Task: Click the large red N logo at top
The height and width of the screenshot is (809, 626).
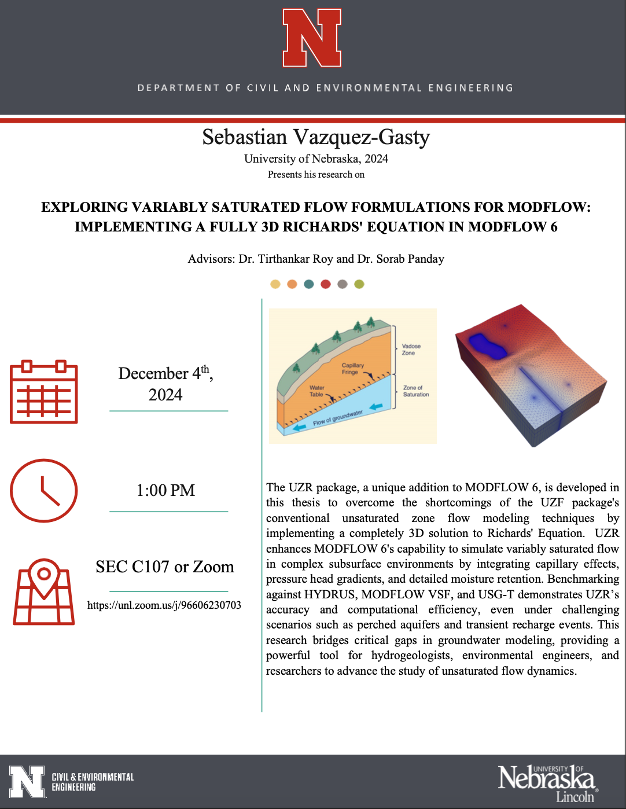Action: tap(312, 38)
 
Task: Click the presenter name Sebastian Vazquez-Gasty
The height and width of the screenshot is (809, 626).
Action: tap(316, 137)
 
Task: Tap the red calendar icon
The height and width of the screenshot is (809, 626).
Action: tap(44, 392)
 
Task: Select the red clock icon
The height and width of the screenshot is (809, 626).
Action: tap(44, 490)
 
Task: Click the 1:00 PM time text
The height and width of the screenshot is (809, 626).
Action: tap(165, 491)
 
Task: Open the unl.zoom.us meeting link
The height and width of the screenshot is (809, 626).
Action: tap(164, 605)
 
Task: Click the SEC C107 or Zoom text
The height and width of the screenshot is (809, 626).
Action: tap(165, 567)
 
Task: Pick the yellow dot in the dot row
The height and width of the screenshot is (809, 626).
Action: tap(275, 284)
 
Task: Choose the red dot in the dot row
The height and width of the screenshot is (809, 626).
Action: tap(326, 284)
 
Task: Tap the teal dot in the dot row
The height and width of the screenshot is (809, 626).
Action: tap(309, 284)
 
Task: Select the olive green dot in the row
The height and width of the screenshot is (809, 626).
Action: tap(359, 284)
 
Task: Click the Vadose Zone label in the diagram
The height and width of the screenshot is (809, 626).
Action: tap(411, 350)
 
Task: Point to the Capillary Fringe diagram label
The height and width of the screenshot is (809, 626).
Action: tap(352, 369)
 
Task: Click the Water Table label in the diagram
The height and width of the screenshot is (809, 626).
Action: tap(316, 391)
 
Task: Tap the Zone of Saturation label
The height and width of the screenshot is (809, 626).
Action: tap(415, 391)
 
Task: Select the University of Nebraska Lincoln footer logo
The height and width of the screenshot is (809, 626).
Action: tap(547, 782)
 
